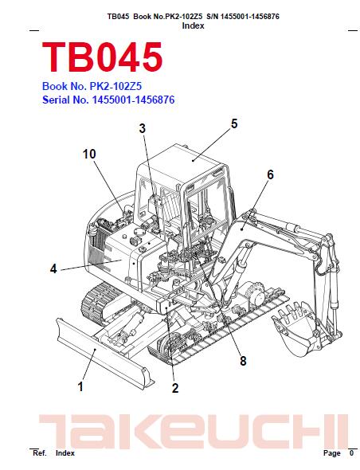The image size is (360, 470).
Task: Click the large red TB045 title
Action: [102, 57]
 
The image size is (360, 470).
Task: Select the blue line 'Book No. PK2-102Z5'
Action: [92, 86]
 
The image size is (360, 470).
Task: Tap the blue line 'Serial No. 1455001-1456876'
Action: [108, 100]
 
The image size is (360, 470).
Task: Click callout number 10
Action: [89, 154]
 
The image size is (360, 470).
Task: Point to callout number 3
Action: [143, 128]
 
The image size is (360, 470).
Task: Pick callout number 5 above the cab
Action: [234, 123]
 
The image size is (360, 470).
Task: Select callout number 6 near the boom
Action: [270, 174]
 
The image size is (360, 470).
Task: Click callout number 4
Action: [53, 269]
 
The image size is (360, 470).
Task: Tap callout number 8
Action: [243, 361]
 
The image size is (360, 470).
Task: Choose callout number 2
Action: [175, 388]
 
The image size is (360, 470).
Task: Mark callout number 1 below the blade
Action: [80, 386]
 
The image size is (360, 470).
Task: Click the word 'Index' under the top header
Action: [194, 25]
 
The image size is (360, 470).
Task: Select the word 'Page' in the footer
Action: [332, 453]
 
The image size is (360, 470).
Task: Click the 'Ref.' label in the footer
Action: [39, 452]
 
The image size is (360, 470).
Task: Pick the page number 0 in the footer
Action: [351, 453]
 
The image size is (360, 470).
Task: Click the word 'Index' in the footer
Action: [65, 452]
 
